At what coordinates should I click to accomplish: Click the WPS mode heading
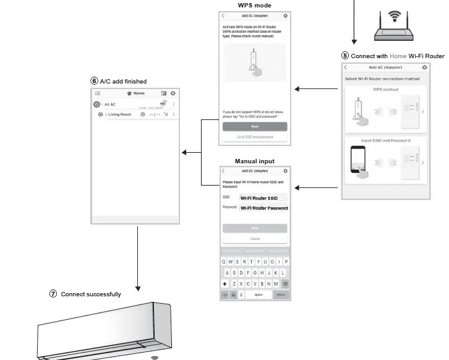point(254,6)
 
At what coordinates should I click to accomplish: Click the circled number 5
point(345,56)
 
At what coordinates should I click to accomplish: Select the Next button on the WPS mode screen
point(254,126)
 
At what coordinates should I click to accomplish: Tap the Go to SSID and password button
point(254,137)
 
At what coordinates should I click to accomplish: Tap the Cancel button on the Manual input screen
point(255,238)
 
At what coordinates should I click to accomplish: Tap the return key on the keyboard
point(281,294)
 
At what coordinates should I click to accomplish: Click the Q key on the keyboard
point(223,262)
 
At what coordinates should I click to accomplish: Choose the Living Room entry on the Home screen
point(120,114)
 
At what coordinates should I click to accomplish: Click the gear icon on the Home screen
point(173,93)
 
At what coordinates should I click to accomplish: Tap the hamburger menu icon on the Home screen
point(98,93)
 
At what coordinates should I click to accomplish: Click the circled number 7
point(53,294)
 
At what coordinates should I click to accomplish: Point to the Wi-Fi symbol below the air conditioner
point(154,357)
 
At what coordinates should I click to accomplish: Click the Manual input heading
point(254,161)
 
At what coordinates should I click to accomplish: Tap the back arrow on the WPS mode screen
point(223,15)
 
